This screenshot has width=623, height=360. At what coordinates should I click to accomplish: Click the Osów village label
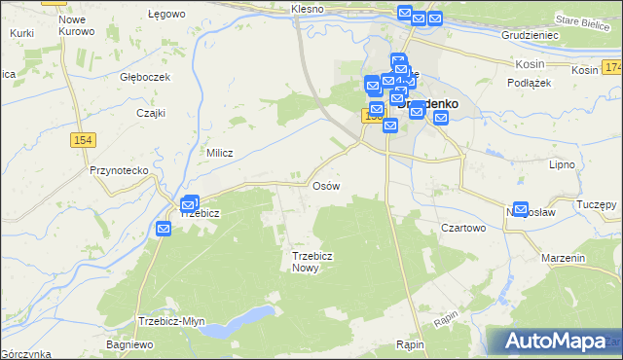[325, 185]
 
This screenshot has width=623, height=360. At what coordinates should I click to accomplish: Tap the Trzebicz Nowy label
[306, 262]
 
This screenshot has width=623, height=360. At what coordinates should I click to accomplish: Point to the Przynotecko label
[118, 170]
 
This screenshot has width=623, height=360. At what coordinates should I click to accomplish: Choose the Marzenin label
[565, 259]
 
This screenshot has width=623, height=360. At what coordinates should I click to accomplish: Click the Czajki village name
[150, 112]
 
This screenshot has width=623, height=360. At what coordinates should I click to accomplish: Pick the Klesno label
[307, 9]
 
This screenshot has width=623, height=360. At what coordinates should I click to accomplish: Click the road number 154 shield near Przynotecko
[83, 141]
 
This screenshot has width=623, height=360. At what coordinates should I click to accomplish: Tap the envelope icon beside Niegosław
[521, 209]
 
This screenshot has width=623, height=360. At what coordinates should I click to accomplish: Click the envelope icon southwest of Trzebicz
[163, 229]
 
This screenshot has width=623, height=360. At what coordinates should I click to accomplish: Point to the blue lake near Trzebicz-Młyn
[243, 318]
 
